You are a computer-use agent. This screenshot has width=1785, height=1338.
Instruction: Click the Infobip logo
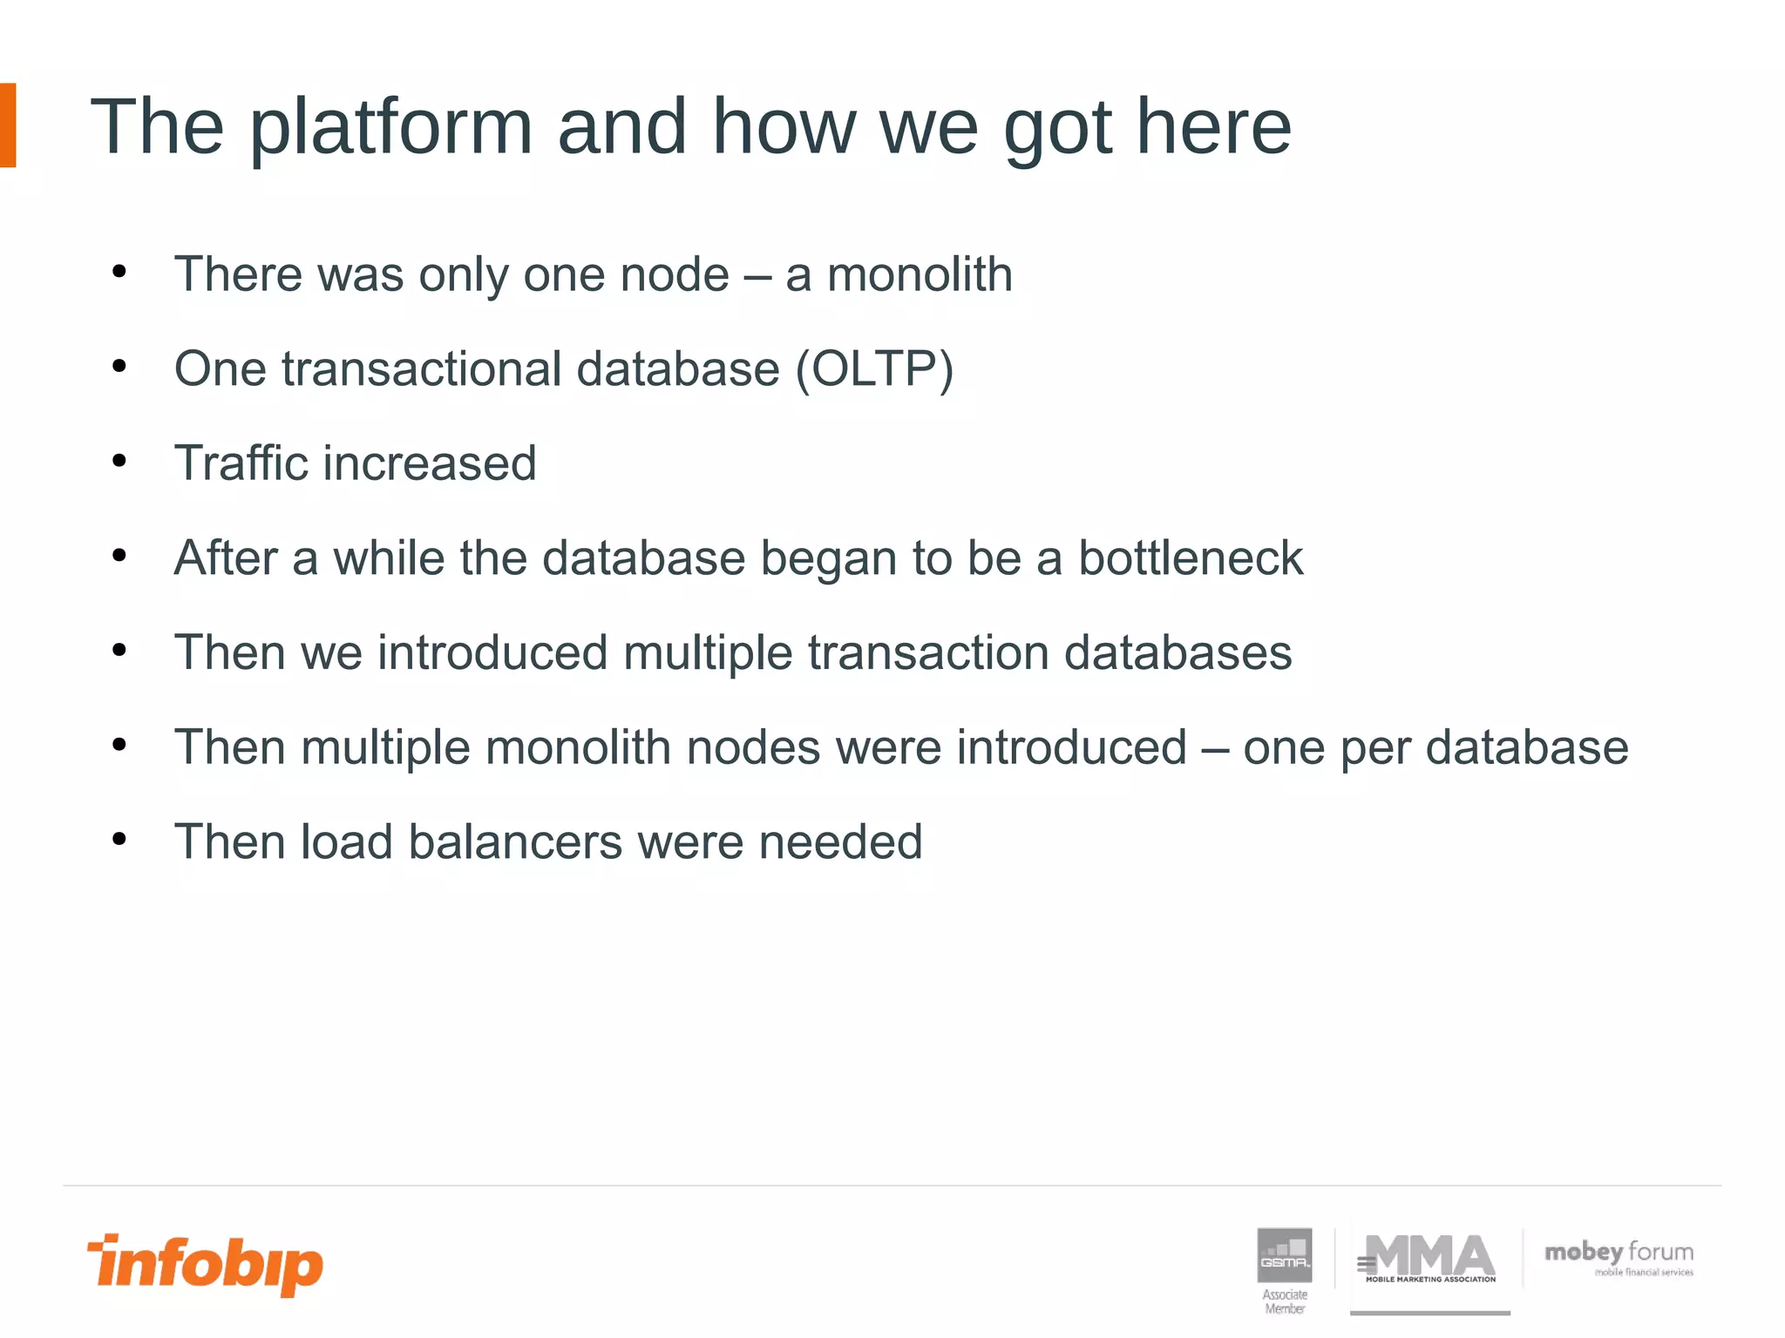(x=205, y=1264)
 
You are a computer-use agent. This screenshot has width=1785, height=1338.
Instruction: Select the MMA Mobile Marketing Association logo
(x=1429, y=1260)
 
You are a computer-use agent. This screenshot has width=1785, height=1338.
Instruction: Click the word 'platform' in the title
(x=390, y=127)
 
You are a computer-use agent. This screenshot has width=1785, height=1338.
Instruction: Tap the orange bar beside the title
(x=8, y=125)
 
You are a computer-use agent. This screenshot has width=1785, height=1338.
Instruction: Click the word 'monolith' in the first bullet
(x=920, y=274)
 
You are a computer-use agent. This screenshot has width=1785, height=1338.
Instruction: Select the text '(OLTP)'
(x=874, y=368)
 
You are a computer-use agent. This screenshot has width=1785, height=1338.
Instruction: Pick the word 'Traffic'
(x=241, y=463)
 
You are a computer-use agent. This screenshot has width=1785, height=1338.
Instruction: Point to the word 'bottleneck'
(x=1191, y=557)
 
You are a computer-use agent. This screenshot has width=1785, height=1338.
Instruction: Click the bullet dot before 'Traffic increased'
(x=119, y=461)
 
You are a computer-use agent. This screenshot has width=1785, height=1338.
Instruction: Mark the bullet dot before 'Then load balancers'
(x=119, y=840)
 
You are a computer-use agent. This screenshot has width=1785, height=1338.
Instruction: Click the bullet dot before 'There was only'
(x=119, y=272)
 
